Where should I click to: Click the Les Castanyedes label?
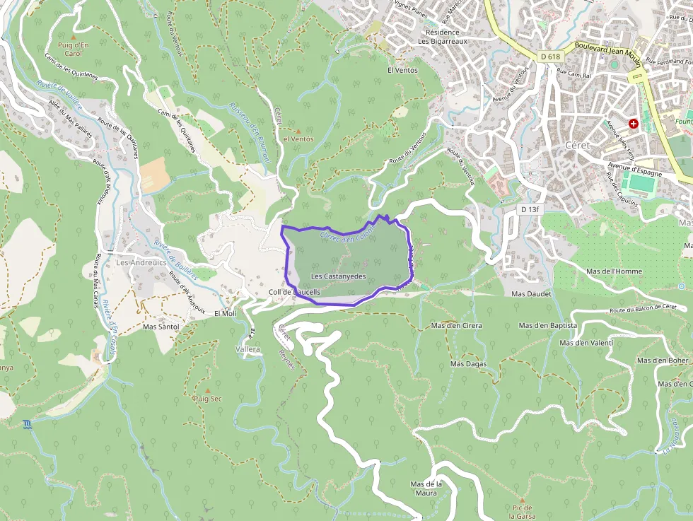[x=339, y=276]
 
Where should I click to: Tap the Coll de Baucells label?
[x=295, y=292]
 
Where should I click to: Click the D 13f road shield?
[x=530, y=209]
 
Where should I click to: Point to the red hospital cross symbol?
[x=633, y=123]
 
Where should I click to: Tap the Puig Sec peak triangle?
[x=208, y=390]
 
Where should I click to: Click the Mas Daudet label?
[x=530, y=293]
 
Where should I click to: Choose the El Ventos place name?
[x=402, y=71]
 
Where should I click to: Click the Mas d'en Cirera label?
[x=456, y=326]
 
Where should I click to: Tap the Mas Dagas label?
[x=468, y=363]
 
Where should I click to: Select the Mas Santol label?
[x=161, y=327]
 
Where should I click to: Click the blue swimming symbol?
[x=27, y=424]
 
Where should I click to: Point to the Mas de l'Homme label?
[x=614, y=271]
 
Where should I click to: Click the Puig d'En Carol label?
[x=73, y=49]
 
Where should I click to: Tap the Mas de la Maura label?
[x=426, y=488]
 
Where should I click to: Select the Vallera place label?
[x=248, y=349]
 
